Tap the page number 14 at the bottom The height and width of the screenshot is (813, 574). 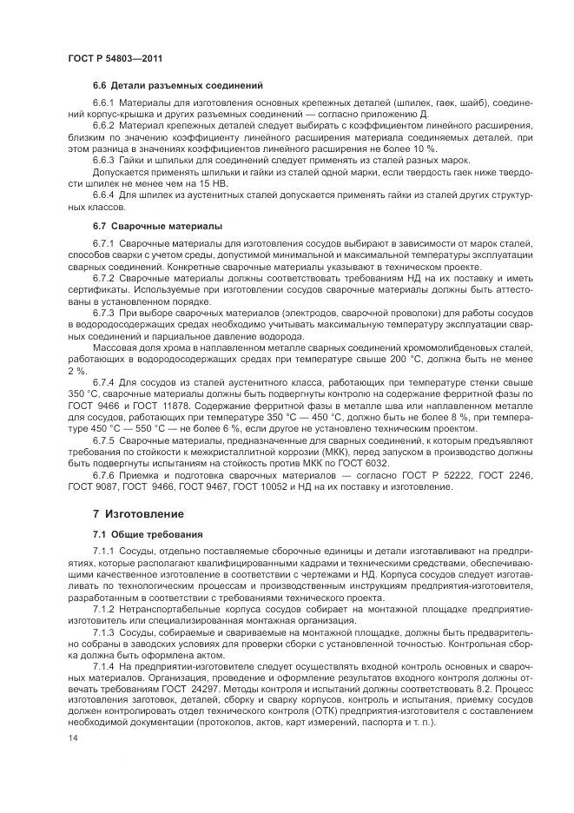(x=71, y=736)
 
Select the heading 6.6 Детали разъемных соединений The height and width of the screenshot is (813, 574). (x=177, y=85)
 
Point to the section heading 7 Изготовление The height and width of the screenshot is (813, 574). (x=142, y=514)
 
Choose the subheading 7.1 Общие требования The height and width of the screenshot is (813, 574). (x=148, y=533)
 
